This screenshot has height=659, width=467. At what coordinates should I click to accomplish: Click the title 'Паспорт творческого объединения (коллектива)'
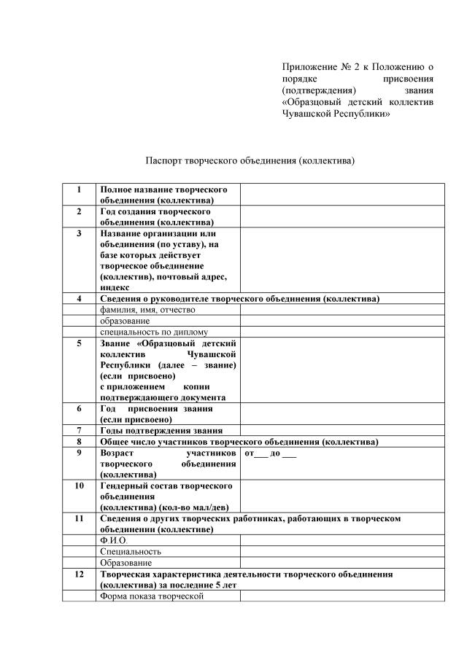pyautogui.click(x=250, y=160)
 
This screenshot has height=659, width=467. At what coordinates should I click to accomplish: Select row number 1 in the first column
pyautogui.click(x=79, y=190)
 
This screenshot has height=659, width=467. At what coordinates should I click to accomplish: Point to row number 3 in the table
pyautogui.click(x=79, y=234)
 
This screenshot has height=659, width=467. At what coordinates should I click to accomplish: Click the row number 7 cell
pyautogui.click(x=79, y=431)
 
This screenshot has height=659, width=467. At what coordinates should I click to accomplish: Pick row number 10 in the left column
pyautogui.click(x=79, y=485)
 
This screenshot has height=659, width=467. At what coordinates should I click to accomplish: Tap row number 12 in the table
pyautogui.click(x=79, y=574)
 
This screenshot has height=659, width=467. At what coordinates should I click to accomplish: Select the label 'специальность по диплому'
pyautogui.click(x=154, y=331)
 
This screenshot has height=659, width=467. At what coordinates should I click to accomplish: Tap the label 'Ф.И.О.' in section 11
pyautogui.click(x=114, y=540)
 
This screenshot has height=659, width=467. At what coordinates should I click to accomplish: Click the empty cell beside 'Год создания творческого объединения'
pyautogui.click(x=342, y=217)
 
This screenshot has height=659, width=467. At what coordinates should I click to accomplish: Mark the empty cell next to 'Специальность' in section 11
pyautogui.click(x=342, y=552)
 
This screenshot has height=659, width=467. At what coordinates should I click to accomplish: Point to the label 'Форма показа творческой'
pyautogui.click(x=150, y=596)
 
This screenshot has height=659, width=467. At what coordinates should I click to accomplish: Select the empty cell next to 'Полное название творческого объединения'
pyautogui.click(x=342, y=195)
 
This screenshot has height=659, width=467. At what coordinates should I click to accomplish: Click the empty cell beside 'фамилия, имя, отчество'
pyautogui.click(x=342, y=309)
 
